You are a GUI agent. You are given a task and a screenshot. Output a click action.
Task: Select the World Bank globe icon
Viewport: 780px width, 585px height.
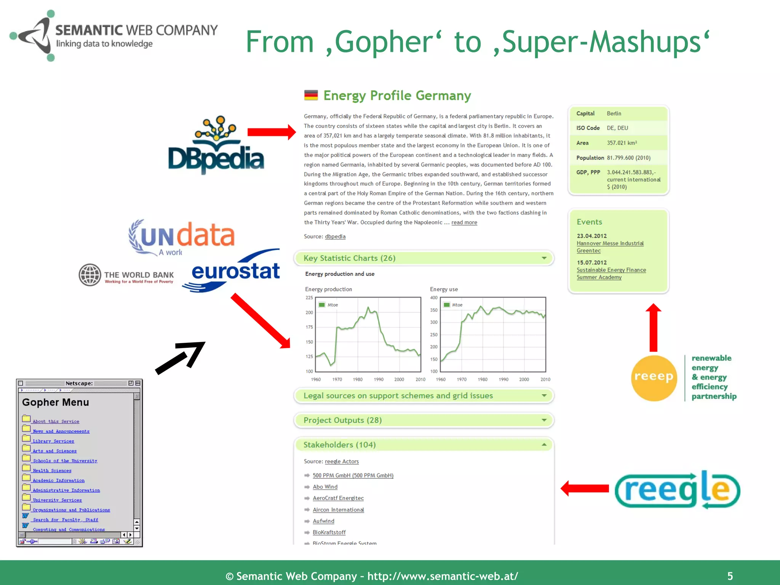point(90,275)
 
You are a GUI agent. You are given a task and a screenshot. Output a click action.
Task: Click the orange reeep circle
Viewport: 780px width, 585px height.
point(654,377)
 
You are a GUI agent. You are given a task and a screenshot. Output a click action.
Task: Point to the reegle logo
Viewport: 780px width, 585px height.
point(677,490)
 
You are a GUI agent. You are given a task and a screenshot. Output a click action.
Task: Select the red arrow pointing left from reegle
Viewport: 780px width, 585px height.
point(585,488)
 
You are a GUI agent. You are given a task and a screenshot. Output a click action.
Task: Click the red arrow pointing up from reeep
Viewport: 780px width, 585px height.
point(654,328)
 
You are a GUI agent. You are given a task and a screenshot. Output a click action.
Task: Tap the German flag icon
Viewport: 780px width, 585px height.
point(311,95)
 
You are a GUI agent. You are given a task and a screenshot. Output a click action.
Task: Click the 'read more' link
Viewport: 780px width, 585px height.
point(464,222)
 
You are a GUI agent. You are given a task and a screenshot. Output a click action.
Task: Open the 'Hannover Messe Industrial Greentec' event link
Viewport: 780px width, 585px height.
point(610,247)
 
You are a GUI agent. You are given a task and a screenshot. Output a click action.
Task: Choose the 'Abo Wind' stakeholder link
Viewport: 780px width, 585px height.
point(325,487)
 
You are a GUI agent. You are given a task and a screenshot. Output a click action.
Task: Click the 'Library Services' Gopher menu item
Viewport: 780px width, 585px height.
point(53,441)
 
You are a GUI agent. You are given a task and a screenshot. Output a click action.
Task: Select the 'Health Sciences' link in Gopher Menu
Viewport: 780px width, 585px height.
point(52,471)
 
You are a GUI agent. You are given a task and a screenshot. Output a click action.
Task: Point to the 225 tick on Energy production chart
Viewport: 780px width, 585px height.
point(309,298)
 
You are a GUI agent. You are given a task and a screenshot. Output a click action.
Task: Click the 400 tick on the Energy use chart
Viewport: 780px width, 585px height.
point(433,298)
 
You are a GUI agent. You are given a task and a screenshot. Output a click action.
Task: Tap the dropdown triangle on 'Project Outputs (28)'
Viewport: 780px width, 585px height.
point(544,420)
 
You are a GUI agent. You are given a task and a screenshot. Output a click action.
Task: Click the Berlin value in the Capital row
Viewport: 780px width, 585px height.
point(614,113)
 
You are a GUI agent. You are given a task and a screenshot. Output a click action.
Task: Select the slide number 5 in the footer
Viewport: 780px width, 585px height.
point(730,576)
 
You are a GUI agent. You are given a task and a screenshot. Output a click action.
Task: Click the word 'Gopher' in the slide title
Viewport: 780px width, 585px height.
point(384,42)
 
